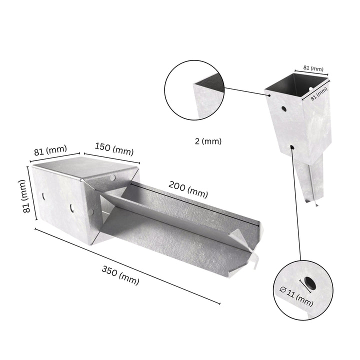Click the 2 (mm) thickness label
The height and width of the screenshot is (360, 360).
click(208, 141)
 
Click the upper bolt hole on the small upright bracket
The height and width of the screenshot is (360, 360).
click(283, 108)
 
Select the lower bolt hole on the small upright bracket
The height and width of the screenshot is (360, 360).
click(291, 147)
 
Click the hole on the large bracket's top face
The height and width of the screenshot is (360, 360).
click(113, 177)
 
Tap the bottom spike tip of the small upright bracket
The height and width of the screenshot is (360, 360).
click(315, 205)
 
